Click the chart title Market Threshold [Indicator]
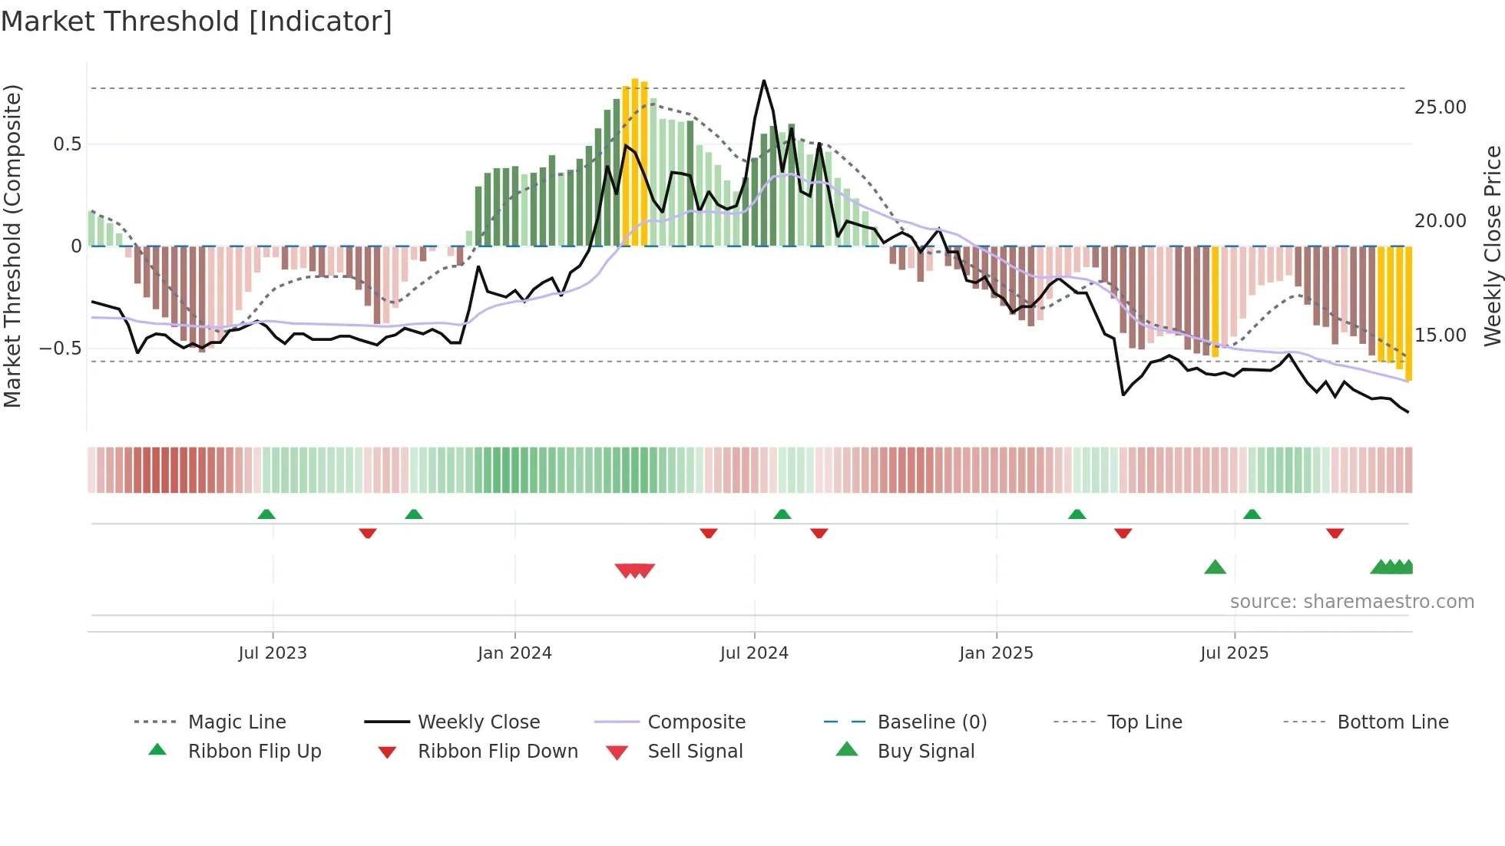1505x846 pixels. [197, 21]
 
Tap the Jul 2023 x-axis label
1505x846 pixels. [273, 653]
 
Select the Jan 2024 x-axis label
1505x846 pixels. [514, 653]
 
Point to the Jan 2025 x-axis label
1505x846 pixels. [996, 653]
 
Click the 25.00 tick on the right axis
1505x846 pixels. [1440, 107]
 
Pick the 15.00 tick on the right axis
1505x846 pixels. [1440, 335]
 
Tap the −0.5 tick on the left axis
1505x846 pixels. [60, 349]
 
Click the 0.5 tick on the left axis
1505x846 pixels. [67, 144]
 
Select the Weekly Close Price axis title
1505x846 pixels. [1492, 246]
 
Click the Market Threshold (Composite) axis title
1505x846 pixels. [12, 246]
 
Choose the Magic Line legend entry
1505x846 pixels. [237, 722]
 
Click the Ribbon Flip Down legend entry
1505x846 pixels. [498, 752]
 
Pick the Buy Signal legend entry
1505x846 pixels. [925, 752]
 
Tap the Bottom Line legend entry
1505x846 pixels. [1392, 722]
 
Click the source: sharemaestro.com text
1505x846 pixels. [1351, 602]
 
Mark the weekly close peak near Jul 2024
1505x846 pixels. [763, 81]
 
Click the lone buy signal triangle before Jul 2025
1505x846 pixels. [1215, 567]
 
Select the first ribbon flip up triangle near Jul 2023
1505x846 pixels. [266, 514]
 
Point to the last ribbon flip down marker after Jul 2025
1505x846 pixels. [1335, 533]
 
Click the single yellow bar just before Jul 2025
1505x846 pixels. [1215, 301]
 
